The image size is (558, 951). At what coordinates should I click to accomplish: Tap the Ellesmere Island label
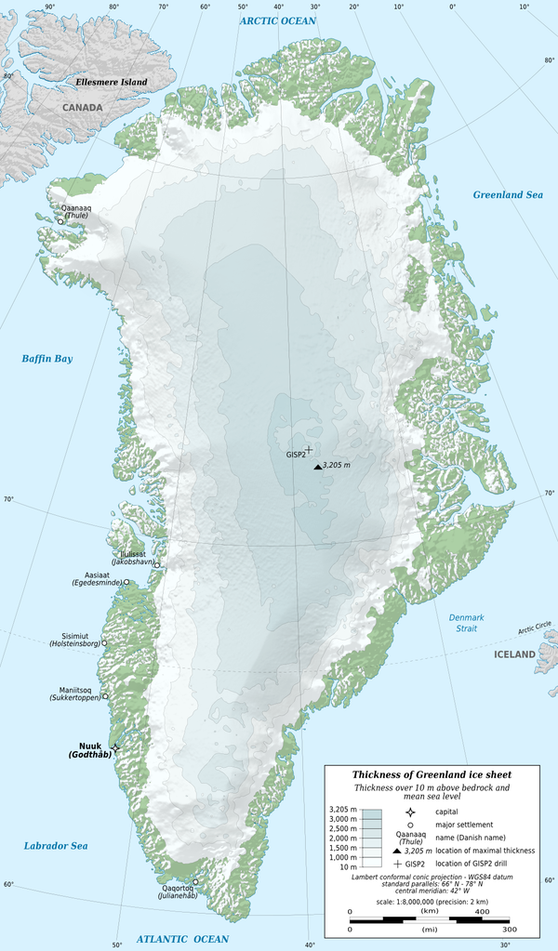pyautogui.click(x=112, y=83)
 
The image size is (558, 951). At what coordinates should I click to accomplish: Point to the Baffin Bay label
pyautogui.click(x=47, y=359)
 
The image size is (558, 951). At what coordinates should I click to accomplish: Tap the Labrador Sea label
pyautogui.click(x=55, y=846)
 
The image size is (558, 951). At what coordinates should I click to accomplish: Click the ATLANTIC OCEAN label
pyautogui.click(x=182, y=940)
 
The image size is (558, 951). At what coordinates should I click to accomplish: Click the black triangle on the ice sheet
pyautogui.click(x=318, y=467)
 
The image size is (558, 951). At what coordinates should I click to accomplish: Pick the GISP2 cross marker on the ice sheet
pyautogui.click(x=309, y=450)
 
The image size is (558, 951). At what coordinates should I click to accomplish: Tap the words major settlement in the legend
pyautogui.click(x=464, y=825)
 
